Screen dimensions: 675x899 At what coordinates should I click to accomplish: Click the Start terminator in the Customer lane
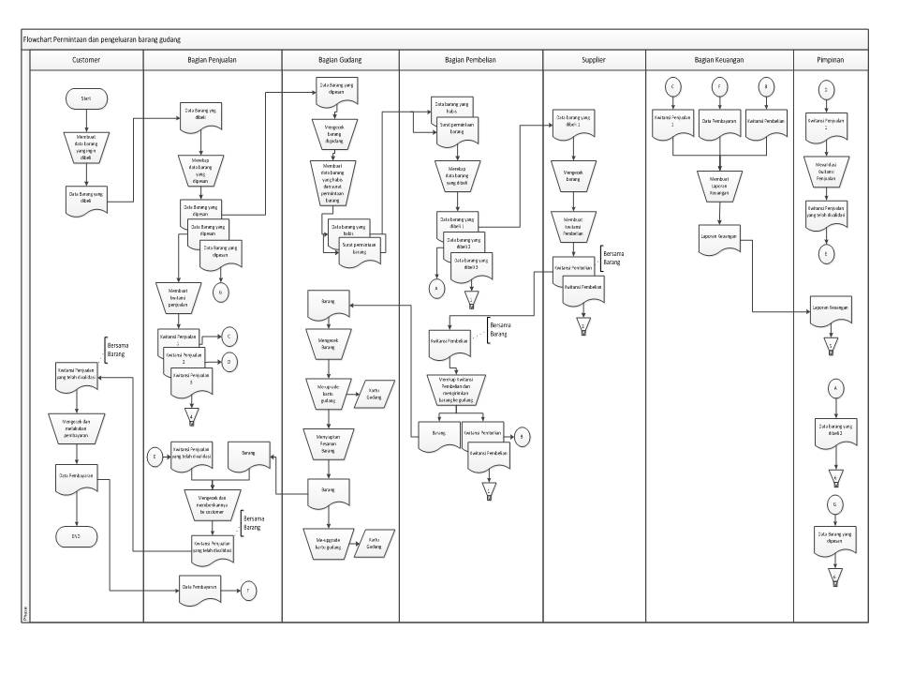coord(86,97)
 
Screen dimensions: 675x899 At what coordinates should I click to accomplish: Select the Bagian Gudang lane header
coord(340,59)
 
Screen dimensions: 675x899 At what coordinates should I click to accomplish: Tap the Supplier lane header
coord(593,59)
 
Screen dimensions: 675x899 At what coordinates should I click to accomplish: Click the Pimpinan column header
coord(831,59)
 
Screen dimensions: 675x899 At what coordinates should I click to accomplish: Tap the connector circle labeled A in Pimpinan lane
coord(836,385)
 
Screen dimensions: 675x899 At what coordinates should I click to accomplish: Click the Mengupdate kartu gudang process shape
coord(327,390)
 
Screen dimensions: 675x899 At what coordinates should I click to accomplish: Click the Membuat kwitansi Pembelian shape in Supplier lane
coord(580,225)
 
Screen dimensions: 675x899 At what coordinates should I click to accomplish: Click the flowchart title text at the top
coord(102,39)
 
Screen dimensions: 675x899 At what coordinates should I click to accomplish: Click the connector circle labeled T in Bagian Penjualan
coord(249,589)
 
